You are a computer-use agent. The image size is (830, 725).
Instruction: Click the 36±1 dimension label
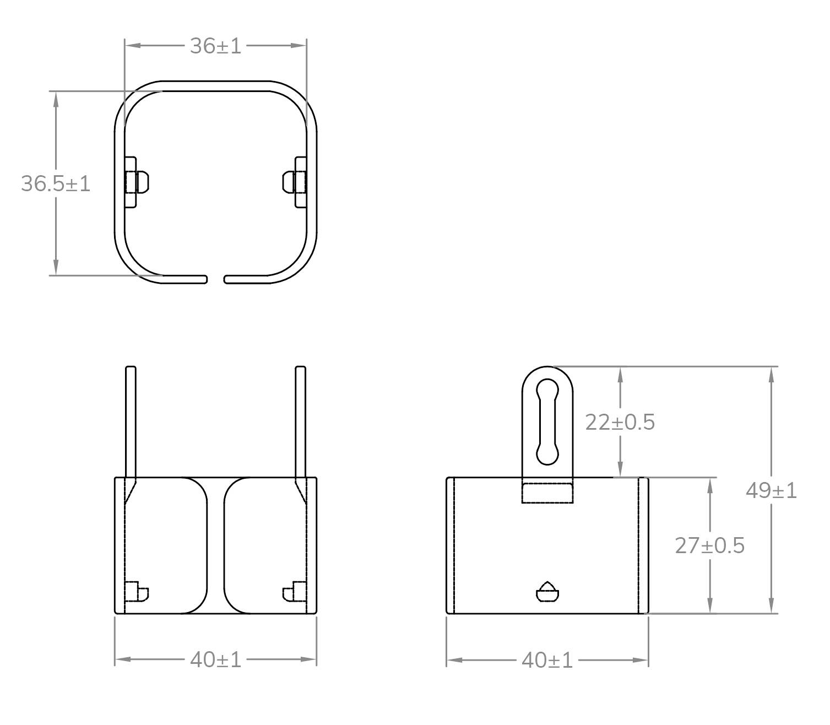[215, 46]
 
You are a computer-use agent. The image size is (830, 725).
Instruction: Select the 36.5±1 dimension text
[55, 183]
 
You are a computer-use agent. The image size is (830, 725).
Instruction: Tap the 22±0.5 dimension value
[620, 423]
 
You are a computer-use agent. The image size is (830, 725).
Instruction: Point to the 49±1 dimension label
[771, 490]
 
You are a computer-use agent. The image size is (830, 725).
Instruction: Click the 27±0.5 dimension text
[709, 545]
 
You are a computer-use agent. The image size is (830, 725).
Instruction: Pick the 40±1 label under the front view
[215, 659]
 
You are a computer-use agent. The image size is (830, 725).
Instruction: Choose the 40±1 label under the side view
[547, 660]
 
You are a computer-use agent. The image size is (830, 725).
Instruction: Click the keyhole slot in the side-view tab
[548, 421]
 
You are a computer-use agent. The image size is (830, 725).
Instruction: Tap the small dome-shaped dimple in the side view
[547, 592]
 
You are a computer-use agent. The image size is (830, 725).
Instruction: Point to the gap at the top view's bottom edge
[215, 279]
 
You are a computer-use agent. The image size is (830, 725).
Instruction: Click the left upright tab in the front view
[131, 421]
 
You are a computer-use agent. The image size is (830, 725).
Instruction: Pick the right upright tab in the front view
[300, 421]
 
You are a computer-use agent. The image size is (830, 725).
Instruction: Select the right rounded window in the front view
[264, 545]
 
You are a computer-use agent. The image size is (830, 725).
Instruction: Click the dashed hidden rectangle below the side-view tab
[547, 493]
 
